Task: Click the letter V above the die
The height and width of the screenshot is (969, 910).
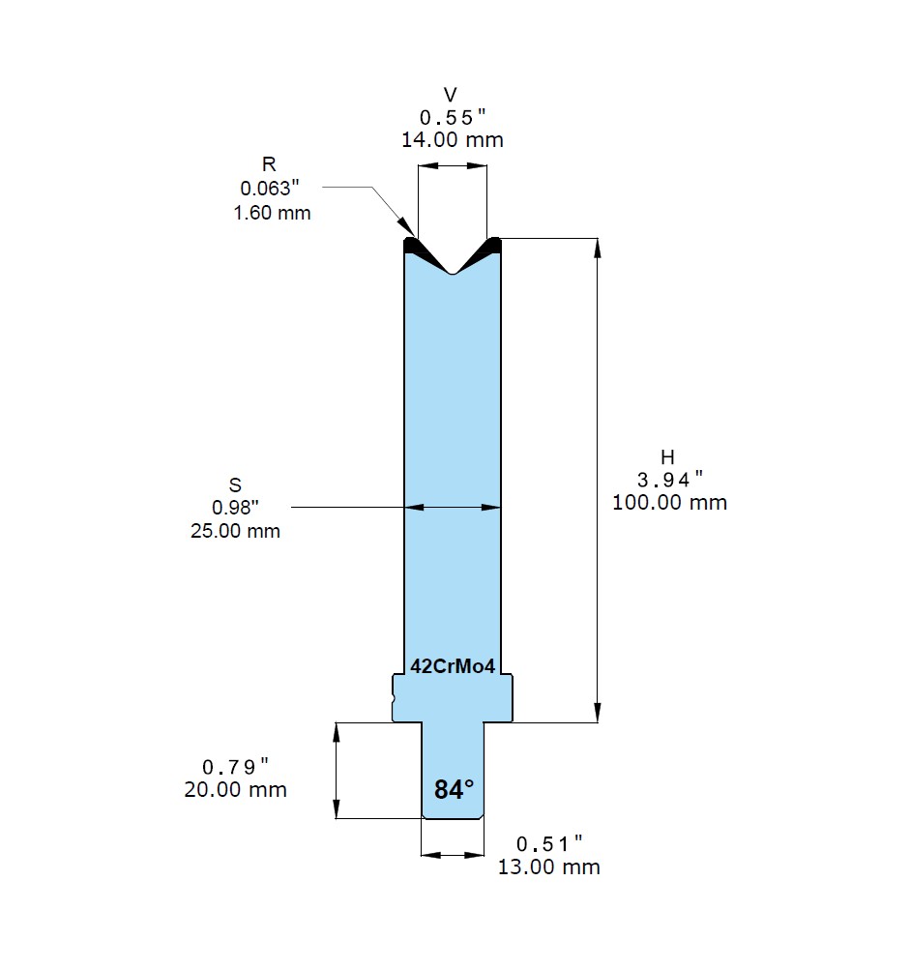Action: coord(451,95)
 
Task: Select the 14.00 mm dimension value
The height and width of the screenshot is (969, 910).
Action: coord(453,139)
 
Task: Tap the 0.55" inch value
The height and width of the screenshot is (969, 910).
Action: coord(453,117)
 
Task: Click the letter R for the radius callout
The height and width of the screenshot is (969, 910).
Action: coord(269,164)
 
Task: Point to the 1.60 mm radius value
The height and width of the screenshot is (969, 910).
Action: coord(272,213)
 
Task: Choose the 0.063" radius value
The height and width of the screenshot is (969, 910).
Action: coord(270,188)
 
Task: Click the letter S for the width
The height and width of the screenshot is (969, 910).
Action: coord(235,485)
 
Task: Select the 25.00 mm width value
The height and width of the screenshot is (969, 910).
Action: coord(235,531)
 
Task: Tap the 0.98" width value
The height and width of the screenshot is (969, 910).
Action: coord(235,508)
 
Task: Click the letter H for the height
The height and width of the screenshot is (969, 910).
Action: coord(667,457)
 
